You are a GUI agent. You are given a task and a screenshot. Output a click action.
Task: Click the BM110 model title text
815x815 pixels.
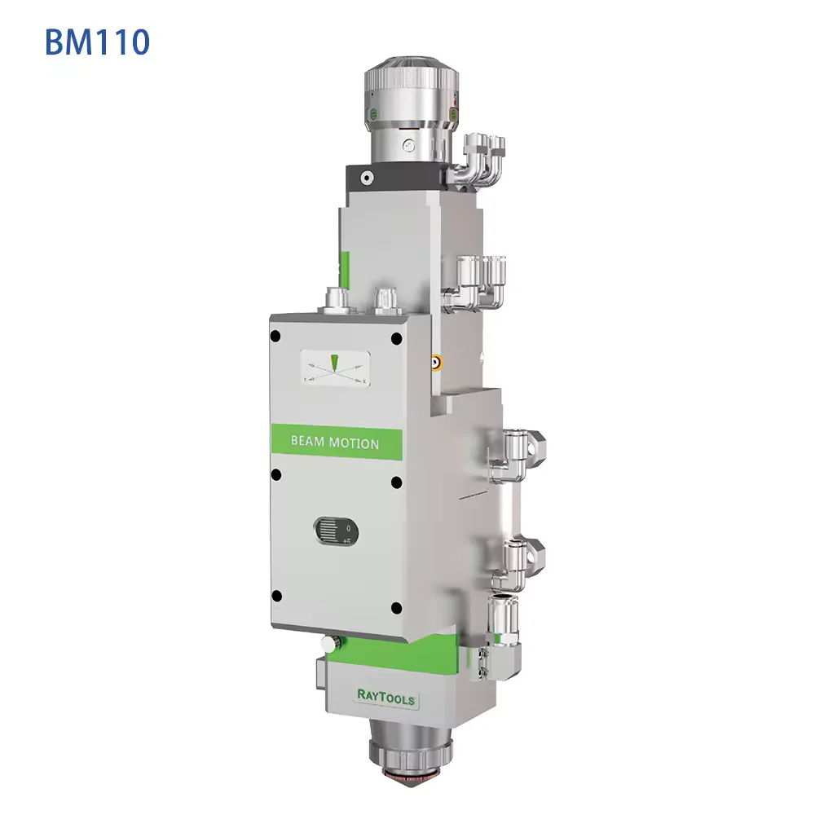coord(98,42)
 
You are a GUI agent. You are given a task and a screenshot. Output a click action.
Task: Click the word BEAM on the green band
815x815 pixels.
coord(308,441)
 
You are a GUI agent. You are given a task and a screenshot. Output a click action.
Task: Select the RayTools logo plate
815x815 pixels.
coord(386,697)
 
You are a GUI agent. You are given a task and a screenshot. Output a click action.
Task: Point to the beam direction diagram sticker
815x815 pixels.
coord(335,368)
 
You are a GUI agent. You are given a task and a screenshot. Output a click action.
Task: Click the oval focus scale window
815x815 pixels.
coord(335,531)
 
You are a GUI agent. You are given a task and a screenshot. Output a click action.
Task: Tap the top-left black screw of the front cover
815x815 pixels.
coord(276,337)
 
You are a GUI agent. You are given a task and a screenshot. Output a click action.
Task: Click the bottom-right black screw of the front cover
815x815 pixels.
coord(396,607)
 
